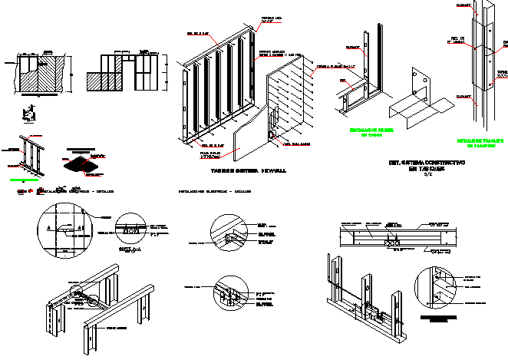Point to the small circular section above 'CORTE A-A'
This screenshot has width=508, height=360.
tap(134, 229)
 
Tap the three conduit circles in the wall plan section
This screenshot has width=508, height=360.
tap(394, 243)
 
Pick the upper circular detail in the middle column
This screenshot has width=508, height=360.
tap(231, 232)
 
